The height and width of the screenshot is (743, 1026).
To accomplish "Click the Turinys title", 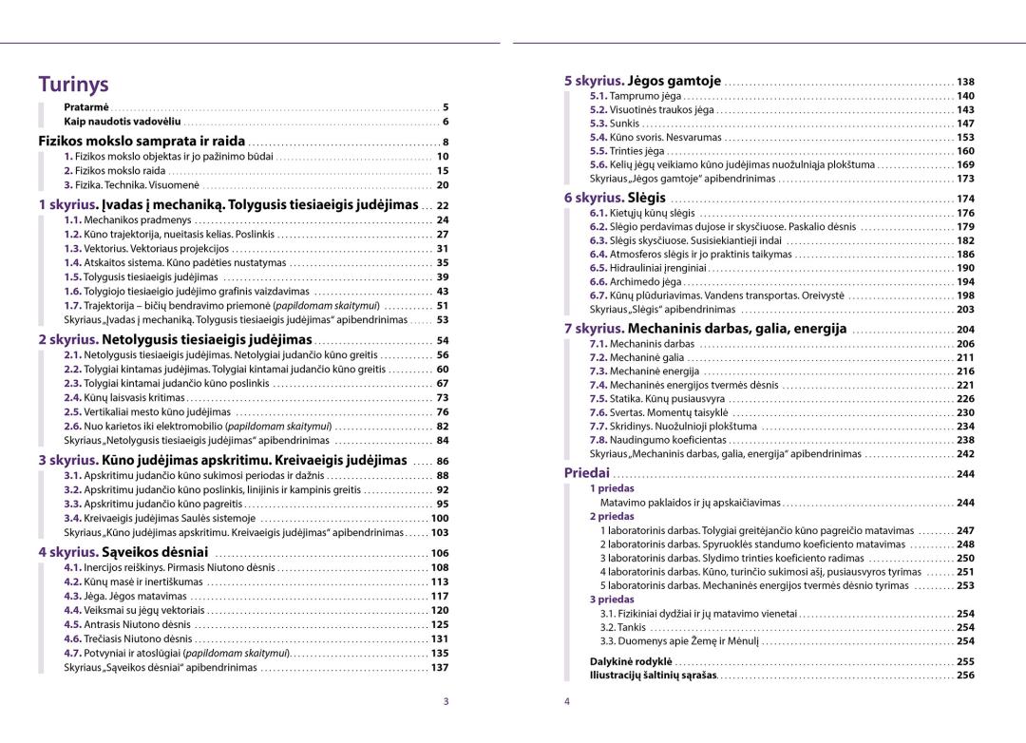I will coord(73,84).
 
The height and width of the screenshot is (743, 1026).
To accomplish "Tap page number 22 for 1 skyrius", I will coord(442,205).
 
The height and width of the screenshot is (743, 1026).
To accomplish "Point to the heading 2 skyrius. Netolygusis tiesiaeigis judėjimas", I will coord(175,339).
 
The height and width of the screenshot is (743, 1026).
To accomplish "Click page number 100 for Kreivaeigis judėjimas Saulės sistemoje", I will coord(440,519).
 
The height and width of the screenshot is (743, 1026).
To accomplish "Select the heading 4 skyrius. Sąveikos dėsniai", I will coord(123,552).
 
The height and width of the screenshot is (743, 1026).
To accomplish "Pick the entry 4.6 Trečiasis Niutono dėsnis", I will coord(128,638).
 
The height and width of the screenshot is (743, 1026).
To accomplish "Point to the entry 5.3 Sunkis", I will coord(614,124).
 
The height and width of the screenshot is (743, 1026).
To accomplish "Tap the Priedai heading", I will coord(586,473).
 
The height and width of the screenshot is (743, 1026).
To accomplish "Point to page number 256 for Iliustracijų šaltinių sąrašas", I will coord(965,676).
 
